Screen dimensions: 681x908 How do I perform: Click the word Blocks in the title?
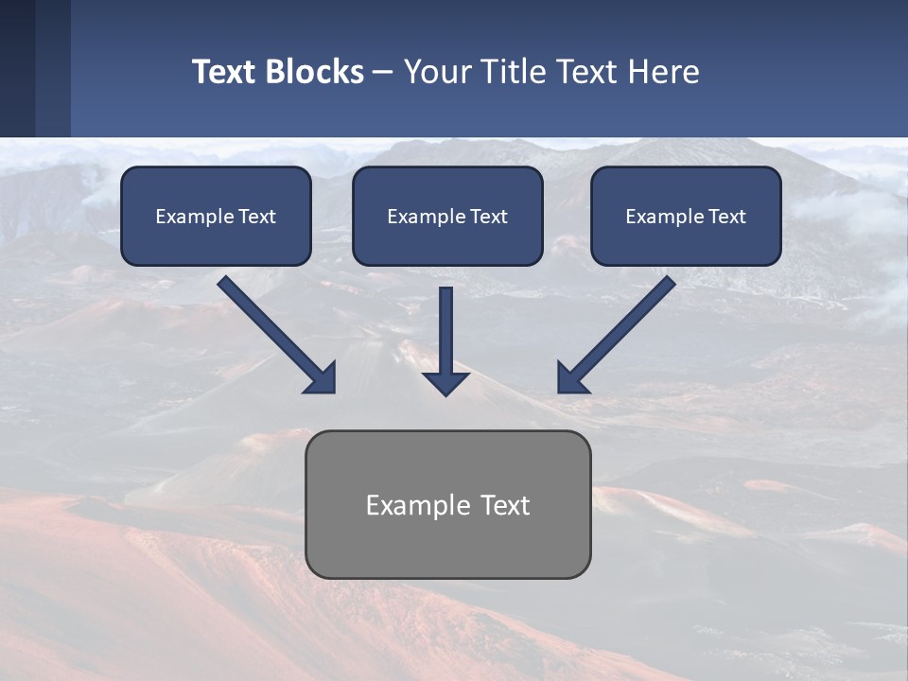coord(312,72)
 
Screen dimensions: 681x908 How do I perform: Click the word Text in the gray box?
coord(506,505)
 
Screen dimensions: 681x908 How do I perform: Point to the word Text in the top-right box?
coord(727,217)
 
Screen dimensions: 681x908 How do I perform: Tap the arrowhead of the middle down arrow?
coord(445,383)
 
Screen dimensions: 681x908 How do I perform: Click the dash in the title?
coord(383,72)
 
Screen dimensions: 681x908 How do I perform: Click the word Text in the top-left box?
coord(257,217)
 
